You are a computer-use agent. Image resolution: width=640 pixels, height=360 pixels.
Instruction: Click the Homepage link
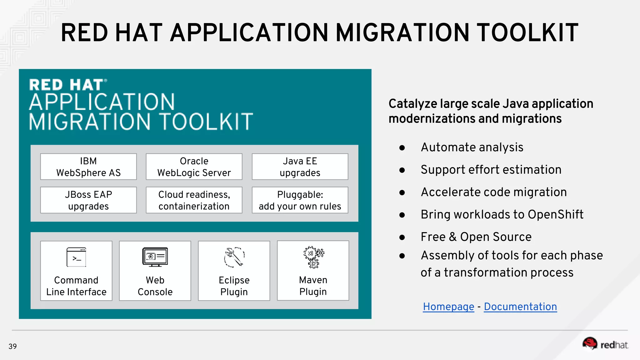(x=448, y=307)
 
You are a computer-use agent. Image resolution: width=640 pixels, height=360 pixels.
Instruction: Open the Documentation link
(x=520, y=307)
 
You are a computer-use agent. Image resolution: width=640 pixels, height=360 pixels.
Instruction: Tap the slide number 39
(x=12, y=346)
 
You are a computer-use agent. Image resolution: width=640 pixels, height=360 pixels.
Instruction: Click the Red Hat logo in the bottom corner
(x=605, y=344)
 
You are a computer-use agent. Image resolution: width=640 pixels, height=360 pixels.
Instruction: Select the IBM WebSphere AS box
(x=88, y=167)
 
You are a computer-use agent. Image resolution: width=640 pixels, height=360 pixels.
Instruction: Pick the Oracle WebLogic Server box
(x=194, y=167)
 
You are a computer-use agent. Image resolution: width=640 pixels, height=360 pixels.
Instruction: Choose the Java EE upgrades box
(x=300, y=167)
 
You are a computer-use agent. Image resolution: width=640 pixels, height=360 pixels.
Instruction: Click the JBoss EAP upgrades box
(x=88, y=200)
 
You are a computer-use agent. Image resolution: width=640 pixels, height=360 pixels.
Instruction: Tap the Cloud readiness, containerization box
(x=194, y=200)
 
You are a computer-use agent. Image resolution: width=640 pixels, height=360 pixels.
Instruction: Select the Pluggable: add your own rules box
(x=300, y=200)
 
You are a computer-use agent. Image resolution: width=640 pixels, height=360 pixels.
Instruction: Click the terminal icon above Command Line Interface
(x=76, y=257)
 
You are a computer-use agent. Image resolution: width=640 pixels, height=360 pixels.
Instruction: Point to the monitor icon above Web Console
(x=155, y=257)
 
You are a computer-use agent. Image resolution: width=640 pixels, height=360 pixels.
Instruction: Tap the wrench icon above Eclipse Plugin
(x=234, y=257)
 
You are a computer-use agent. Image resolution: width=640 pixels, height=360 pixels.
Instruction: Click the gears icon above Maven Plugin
(x=313, y=257)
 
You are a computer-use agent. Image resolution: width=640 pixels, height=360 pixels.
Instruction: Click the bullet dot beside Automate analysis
(x=402, y=148)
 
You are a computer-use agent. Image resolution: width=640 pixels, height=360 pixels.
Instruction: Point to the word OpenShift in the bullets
(x=555, y=215)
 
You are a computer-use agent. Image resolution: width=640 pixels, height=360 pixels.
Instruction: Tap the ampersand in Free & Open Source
(x=452, y=237)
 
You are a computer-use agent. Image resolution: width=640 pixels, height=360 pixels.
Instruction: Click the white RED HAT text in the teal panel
(x=66, y=85)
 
